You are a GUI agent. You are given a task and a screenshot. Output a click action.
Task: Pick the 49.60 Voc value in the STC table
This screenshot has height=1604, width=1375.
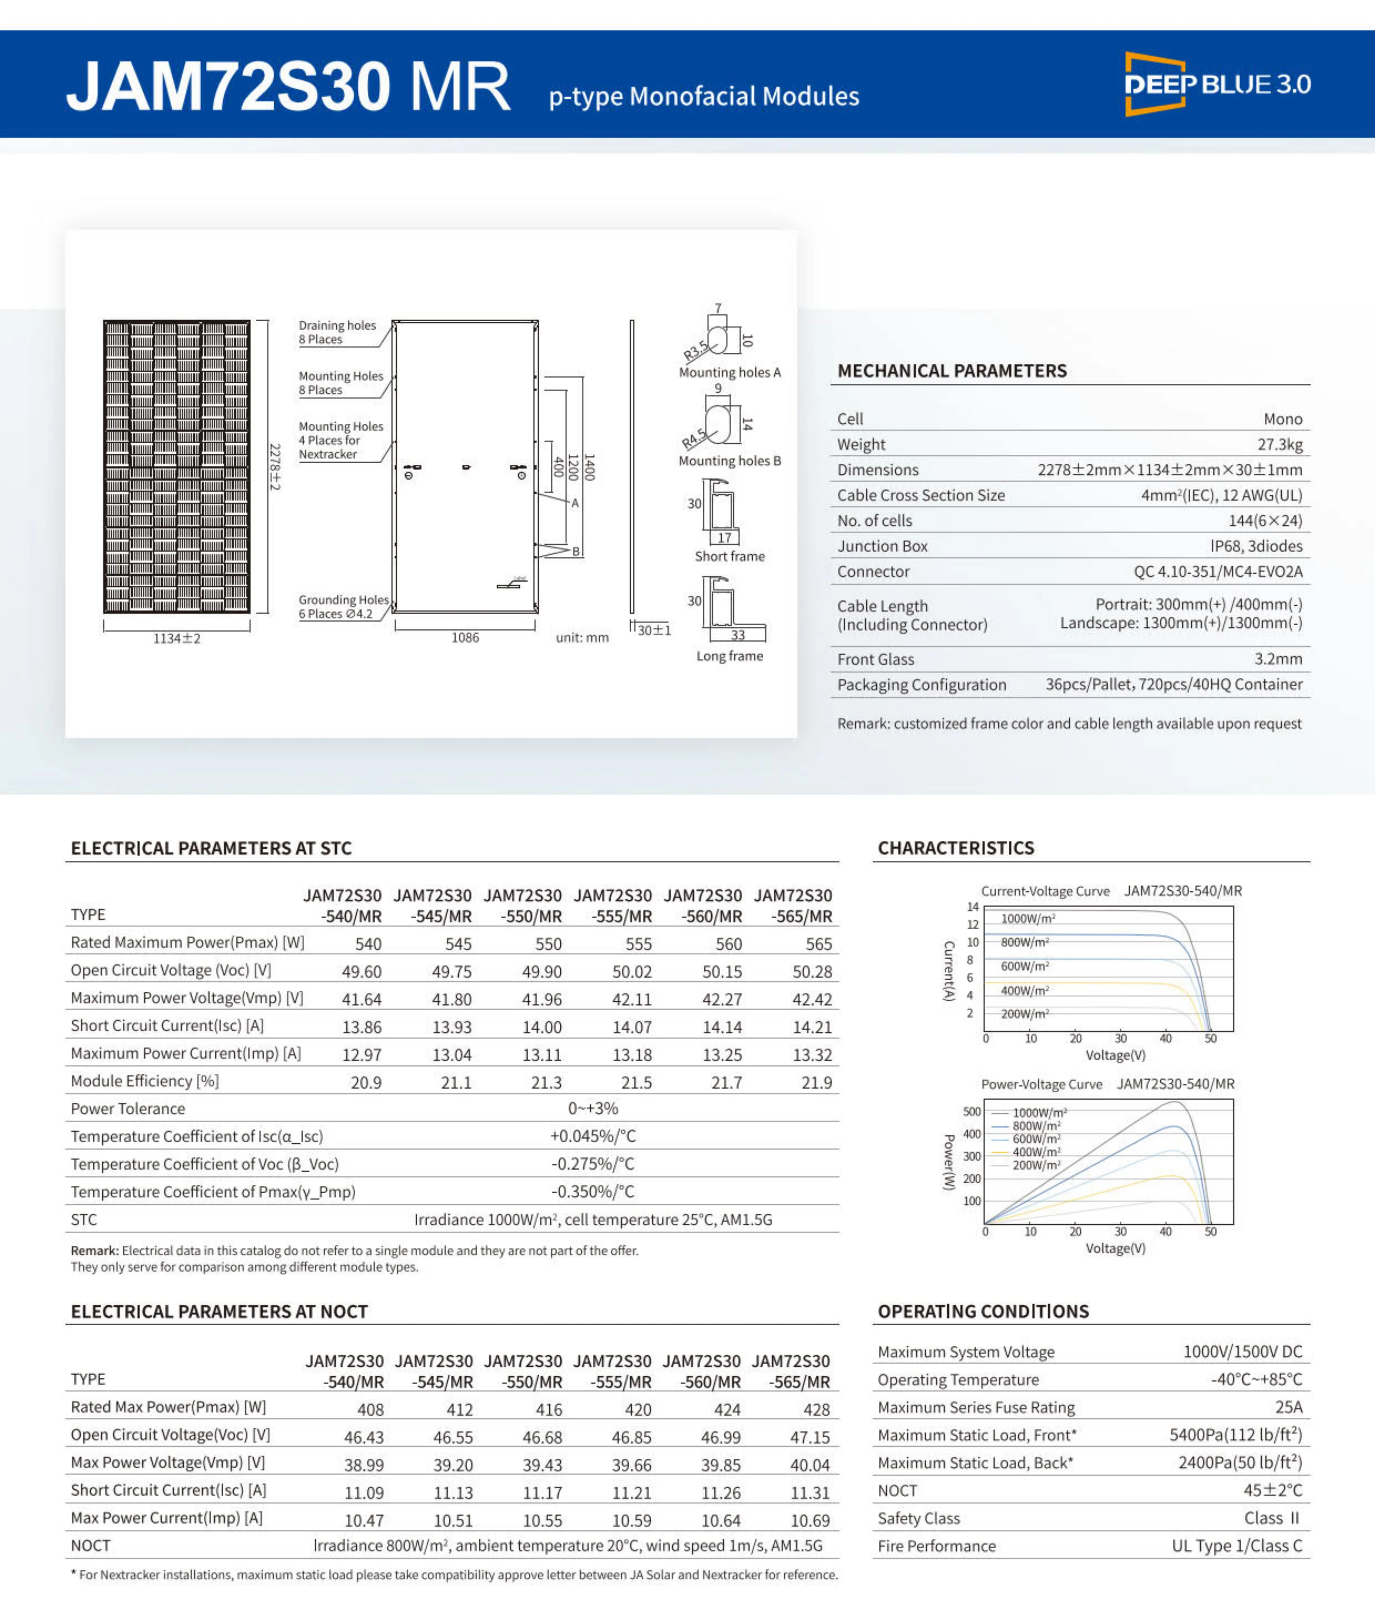pos(361,972)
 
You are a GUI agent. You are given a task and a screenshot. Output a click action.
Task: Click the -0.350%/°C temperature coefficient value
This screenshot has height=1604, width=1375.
pos(593,1191)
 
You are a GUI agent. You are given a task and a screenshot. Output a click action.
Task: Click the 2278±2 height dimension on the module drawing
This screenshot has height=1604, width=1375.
pos(275,467)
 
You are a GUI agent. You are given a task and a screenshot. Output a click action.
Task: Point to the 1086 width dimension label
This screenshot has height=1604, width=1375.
pos(465,638)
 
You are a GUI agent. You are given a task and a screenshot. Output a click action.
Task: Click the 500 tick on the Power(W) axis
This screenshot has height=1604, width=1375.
pos(971,1112)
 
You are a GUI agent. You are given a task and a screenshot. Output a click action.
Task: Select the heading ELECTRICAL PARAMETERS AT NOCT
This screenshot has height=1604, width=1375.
pos(219,1311)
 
